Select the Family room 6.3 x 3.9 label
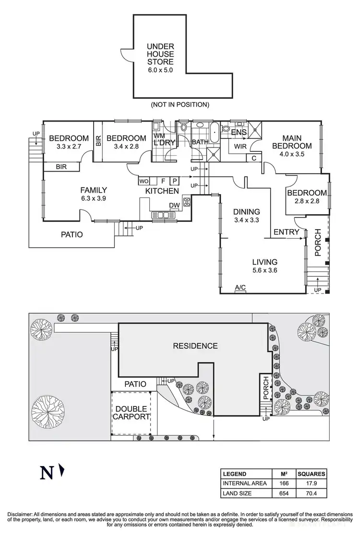tap(94, 194)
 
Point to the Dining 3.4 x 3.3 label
tap(246, 216)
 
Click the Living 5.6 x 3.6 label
tap(265, 266)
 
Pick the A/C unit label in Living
tap(240, 288)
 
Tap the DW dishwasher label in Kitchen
tap(174, 205)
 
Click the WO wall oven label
tap(144, 181)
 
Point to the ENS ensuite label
tap(239, 132)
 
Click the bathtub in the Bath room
tap(214, 130)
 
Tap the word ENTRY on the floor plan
tap(287, 233)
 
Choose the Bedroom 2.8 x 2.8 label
tap(307, 197)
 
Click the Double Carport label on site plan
tap(131, 413)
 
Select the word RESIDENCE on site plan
tap(195, 346)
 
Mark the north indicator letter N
tap(47, 473)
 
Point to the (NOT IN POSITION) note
tap(180, 104)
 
